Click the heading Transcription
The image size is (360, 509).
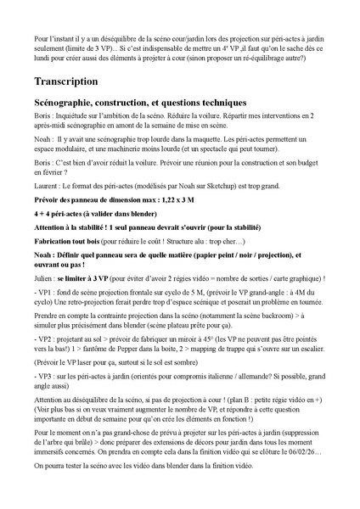pyautogui.click(x=67, y=81)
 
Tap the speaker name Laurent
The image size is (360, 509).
pyautogui.click(x=46, y=184)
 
